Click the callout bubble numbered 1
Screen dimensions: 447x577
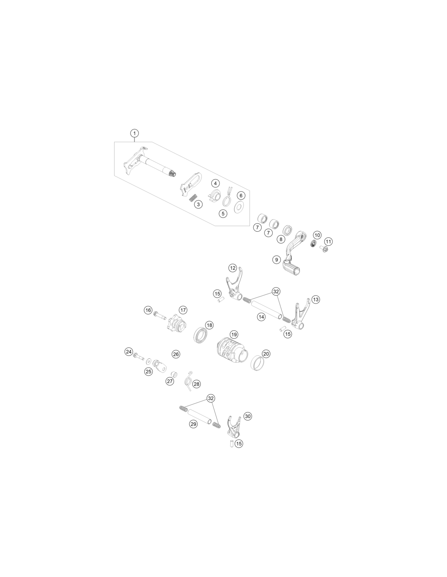pos(135,133)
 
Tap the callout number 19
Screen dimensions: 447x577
pos(234,334)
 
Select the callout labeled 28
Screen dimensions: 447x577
pos(197,384)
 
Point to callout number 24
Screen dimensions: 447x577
pos(129,352)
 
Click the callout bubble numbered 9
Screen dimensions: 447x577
pos(277,259)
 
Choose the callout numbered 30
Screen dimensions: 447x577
pos(247,416)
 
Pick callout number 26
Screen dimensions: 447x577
pos(176,354)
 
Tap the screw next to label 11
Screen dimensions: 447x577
pos(324,249)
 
